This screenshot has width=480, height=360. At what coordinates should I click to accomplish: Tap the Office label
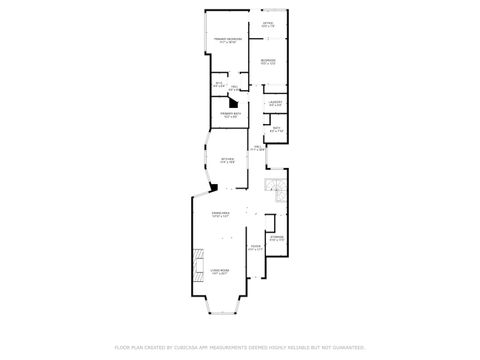click(x=268, y=23)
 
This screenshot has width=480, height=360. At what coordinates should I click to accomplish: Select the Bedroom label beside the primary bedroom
click(x=268, y=62)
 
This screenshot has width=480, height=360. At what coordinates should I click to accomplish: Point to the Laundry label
click(x=275, y=103)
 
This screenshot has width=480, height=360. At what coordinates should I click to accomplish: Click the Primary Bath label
click(x=229, y=116)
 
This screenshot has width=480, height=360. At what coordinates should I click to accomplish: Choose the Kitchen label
click(x=227, y=160)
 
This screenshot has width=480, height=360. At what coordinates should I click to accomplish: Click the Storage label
click(x=277, y=238)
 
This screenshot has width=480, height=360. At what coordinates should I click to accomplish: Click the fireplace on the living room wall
click(x=198, y=257)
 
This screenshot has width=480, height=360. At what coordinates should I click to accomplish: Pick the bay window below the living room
click(x=221, y=312)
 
